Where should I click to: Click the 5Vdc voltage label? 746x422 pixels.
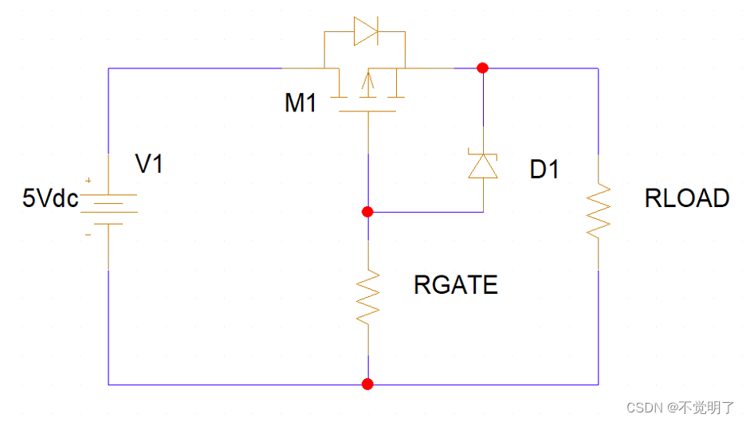click(50, 198)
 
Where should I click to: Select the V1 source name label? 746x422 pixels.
click(149, 165)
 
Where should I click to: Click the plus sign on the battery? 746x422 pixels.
click(88, 182)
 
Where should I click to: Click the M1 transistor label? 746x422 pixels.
click(301, 104)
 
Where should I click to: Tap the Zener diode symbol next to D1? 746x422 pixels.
click(483, 166)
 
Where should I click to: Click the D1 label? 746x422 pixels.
click(545, 170)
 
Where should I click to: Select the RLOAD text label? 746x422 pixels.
click(687, 198)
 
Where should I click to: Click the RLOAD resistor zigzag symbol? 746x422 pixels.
click(599, 210)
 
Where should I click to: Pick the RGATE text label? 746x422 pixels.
click(456, 285)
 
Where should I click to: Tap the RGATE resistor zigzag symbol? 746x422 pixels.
click(367, 296)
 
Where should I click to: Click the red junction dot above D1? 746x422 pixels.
click(482, 68)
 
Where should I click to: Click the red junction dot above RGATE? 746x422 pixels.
click(367, 212)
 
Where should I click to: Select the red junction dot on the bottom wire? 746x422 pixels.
click(367, 385)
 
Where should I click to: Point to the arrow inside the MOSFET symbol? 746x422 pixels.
click(367, 82)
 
